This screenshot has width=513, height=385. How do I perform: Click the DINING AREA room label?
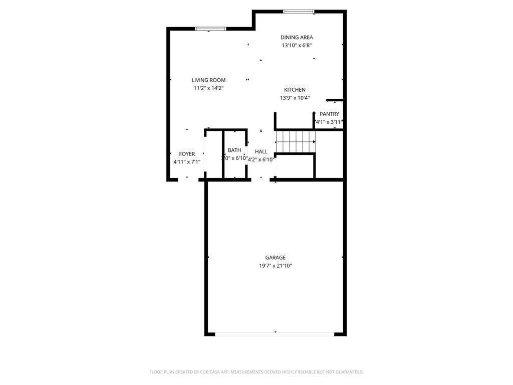pyautogui.click(x=297, y=37)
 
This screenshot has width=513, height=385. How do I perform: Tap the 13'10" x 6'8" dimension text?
pyautogui.click(x=297, y=46)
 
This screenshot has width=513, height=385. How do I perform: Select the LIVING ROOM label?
pyautogui.click(x=208, y=80)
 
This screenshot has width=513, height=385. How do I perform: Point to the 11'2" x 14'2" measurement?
pyautogui.click(x=208, y=88)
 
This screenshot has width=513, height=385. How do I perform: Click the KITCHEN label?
pyautogui.click(x=295, y=90)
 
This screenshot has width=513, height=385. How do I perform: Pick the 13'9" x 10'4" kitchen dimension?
pyautogui.click(x=295, y=98)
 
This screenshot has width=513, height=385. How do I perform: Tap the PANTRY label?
pyautogui.click(x=329, y=114)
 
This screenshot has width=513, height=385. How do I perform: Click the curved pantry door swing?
pyautogui.click(x=318, y=107)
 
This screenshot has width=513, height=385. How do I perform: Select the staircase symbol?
pyautogui.click(x=296, y=141)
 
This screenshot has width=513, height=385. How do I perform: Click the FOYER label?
pyautogui.click(x=187, y=154)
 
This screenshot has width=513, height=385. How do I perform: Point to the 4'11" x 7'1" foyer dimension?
pyautogui.click(x=187, y=162)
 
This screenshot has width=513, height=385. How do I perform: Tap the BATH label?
pyautogui.click(x=234, y=150)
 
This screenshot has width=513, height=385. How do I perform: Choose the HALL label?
pyautogui.click(x=261, y=151)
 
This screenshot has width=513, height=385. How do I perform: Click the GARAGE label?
pyautogui.click(x=276, y=258)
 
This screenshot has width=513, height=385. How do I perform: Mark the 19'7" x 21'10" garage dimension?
pyautogui.click(x=276, y=266)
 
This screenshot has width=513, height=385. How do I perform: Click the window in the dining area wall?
pyautogui.click(x=299, y=11)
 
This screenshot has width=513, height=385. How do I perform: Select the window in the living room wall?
pyautogui.click(x=210, y=29)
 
